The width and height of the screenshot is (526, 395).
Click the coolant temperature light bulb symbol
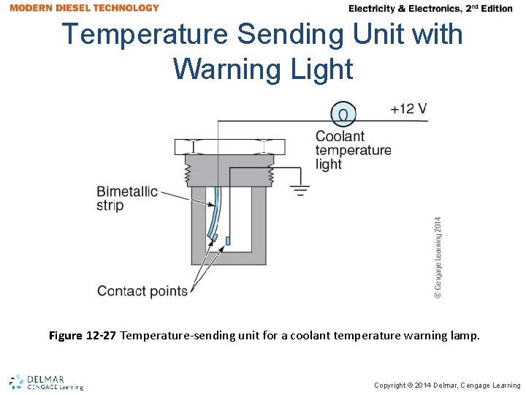[x=343, y=113]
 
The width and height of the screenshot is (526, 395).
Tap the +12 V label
[x=408, y=109]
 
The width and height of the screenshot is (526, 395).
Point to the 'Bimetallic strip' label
[x=126, y=198]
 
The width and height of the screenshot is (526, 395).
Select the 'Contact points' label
[x=142, y=291]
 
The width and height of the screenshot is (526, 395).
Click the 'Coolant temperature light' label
[x=353, y=150]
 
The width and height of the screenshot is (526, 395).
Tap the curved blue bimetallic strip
[x=216, y=212]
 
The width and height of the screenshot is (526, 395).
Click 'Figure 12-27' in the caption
[x=82, y=336]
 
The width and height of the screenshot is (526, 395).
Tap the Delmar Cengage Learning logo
[x=46, y=382]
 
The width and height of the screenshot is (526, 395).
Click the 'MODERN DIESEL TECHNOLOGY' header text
[x=84, y=8]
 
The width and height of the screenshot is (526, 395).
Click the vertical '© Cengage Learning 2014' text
[x=438, y=256]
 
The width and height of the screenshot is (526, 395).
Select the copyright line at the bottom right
[x=447, y=385]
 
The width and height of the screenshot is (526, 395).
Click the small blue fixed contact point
[x=229, y=240]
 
